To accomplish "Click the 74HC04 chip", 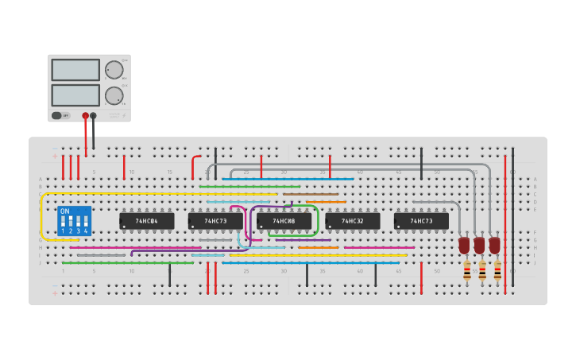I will pyautogui.click(x=146, y=221).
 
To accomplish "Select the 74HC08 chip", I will pyautogui.click(x=284, y=221).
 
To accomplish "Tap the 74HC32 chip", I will pyautogui.click(x=352, y=221).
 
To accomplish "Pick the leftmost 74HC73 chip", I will pyautogui.click(x=215, y=221).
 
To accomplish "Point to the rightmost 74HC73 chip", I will pyautogui.click(x=421, y=221).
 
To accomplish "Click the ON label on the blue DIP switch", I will pyautogui.click(x=64, y=211).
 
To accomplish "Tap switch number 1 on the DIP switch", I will pyautogui.click(x=63, y=223).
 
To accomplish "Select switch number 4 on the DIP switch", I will pyautogui.click(x=86, y=223).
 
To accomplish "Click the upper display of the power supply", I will pyautogui.click(x=75, y=70).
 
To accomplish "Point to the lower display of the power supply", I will pyautogui.click(x=75, y=95).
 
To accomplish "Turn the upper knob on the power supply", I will pyautogui.click(x=114, y=70).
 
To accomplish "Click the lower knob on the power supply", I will pyautogui.click(x=114, y=96).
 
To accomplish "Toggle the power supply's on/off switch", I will pyautogui.click(x=57, y=115).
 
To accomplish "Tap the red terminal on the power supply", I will pyautogui.click(x=85, y=116).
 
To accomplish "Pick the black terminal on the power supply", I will pyautogui.click(x=93, y=116).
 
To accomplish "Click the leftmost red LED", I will pyautogui.click(x=464, y=246).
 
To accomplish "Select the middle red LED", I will pyautogui.click(x=479, y=246).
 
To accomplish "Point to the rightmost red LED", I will pyautogui.click(x=494, y=246).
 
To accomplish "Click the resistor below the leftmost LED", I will pyautogui.click(x=467, y=270).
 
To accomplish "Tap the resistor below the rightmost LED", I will pyautogui.click(x=497, y=270).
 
